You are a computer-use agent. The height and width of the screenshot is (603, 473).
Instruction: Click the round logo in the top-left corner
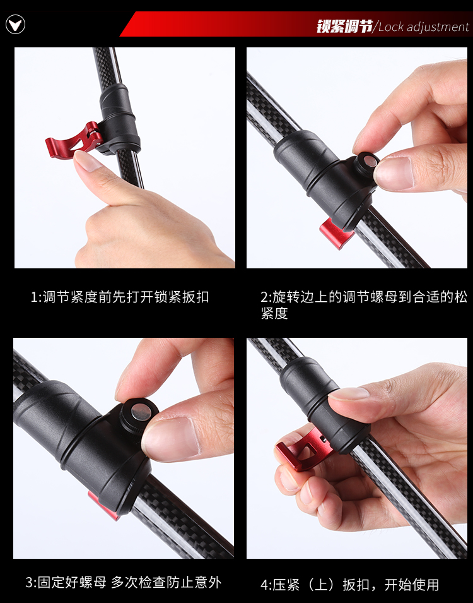[x=15, y=25]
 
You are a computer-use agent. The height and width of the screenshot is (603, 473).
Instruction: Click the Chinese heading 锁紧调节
[x=345, y=26]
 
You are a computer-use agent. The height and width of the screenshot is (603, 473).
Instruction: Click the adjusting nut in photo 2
[x=366, y=165]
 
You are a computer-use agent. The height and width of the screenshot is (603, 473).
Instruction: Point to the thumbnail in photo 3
[x=171, y=438]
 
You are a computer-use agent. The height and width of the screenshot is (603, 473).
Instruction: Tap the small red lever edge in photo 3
[x=103, y=506]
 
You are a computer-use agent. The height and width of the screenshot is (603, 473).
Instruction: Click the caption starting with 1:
[x=119, y=297]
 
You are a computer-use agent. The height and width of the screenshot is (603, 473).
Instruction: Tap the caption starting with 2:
[x=364, y=305]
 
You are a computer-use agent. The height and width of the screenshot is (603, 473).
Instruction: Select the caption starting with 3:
[x=124, y=582]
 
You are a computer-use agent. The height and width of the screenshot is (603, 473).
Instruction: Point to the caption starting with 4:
[x=349, y=585]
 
